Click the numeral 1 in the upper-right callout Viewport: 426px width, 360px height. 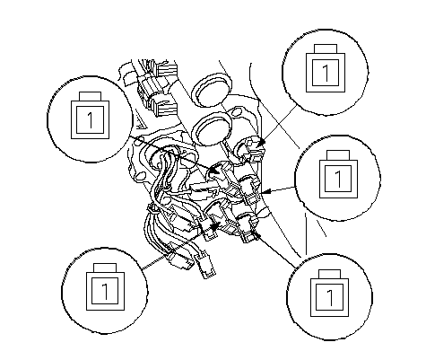(326, 73)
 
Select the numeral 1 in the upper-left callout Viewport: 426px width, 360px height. (91, 120)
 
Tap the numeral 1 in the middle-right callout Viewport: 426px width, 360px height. (338, 179)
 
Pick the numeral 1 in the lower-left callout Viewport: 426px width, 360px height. (105, 292)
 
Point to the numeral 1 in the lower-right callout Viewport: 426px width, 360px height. (329, 297)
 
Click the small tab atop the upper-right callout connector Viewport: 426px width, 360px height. (326, 49)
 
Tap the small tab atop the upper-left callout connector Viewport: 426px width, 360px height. (90, 96)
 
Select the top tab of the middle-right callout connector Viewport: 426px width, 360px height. (338, 155)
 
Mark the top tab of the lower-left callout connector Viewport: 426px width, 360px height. (105, 268)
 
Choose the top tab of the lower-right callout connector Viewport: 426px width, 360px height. (329, 274)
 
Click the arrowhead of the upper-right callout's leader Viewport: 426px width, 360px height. (261, 143)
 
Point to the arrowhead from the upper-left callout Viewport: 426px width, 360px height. (213, 170)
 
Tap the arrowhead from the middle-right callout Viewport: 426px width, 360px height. (267, 191)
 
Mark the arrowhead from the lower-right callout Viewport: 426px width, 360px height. (255, 233)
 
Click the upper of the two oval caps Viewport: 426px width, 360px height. (212, 90)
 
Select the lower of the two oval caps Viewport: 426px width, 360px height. (212, 129)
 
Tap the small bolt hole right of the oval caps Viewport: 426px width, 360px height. (236, 113)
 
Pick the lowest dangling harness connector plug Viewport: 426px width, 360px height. (205, 267)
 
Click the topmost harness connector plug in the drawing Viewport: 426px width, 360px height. (164, 70)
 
